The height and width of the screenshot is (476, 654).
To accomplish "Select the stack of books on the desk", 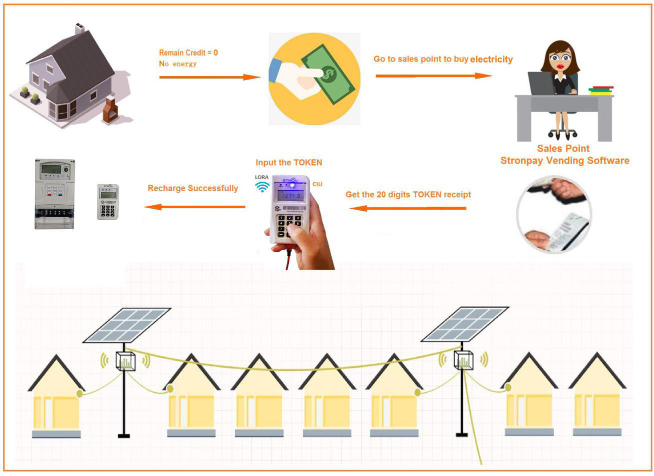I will [x=600, y=90].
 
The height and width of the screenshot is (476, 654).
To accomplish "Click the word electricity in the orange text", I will [x=491, y=60].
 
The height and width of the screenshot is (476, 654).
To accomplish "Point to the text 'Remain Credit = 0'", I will [x=188, y=53].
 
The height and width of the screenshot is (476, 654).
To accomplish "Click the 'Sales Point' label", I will [x=563, y=149].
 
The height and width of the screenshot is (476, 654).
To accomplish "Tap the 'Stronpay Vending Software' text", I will [x=564, y=161].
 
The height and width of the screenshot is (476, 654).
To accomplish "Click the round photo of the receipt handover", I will [x=553, y=214].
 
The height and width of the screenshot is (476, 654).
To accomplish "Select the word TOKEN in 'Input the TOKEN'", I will [x=307, y=163].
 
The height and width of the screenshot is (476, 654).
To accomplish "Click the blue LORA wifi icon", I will [x=262, y=187].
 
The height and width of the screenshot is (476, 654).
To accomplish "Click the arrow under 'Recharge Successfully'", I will [x=194, y=206].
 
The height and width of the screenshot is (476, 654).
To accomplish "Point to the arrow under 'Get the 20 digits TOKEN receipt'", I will [x=407, y=208].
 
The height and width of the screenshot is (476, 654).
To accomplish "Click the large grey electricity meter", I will [x=54, y=194].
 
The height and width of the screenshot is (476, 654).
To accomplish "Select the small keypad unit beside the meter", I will [x=107, y=201].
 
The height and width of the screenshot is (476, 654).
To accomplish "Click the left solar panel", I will [x=127, y=325].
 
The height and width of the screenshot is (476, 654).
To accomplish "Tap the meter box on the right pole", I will [x=463, y=360].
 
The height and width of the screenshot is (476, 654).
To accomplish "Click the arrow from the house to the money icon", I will [x=209, y=77].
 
